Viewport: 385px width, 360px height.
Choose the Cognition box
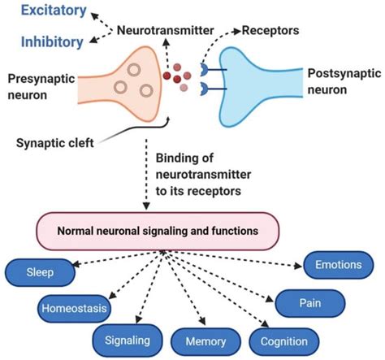coord(278,340)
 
